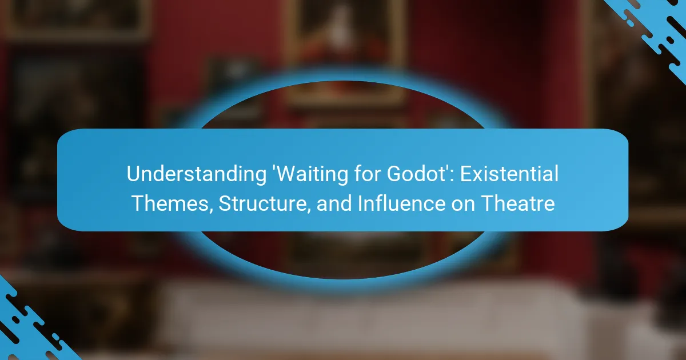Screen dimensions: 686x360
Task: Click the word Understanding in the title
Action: tap(197, 174)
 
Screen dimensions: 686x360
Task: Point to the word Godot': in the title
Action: tap(421, 174)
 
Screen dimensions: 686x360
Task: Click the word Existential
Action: tap(509, 174)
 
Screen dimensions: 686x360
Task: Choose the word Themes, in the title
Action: tap(173, 203)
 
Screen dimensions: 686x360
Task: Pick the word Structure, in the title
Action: tap(264, 203)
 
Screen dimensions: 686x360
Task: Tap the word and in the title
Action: tap(334, 203)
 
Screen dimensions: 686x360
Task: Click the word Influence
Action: tap(401, 203)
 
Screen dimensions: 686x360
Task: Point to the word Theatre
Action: tap(518, 203)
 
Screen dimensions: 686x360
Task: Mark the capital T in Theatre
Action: tap(489, 203)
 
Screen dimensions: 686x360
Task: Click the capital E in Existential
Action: tap(466, 174)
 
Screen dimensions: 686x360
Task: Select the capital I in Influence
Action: tap(360, 203)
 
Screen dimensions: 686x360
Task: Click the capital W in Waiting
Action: tap(289, 174)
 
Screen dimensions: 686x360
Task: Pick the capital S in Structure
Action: tap(226, 203)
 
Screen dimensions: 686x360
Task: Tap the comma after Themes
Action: tap(211, 211)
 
